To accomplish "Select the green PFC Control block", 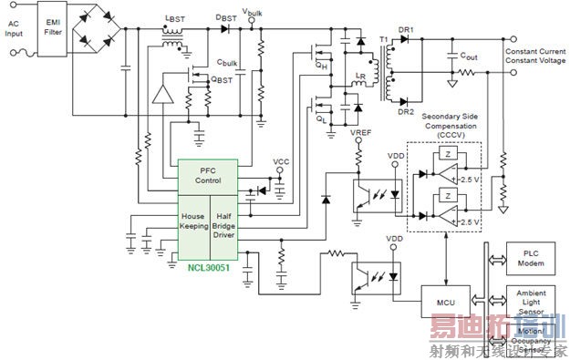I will point(207,175).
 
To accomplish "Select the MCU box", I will point(444,302).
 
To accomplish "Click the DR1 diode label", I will point(406,30).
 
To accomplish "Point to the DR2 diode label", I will point(406,112).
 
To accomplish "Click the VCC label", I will point(282,163).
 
